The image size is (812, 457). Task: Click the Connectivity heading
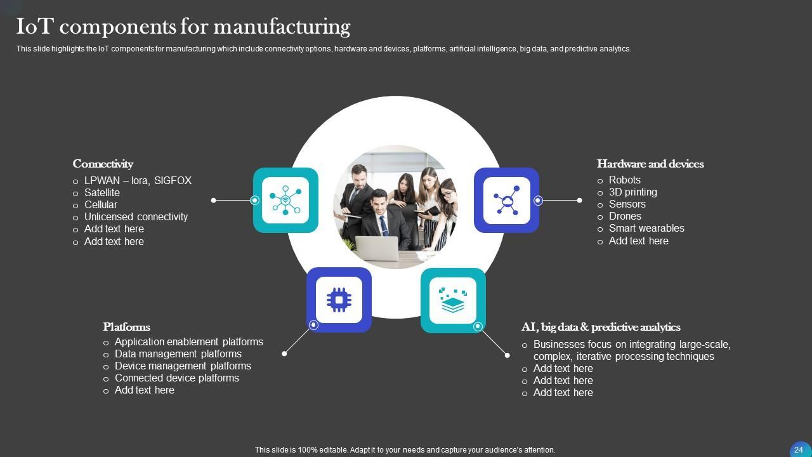pyautogui.click(x=103, y=164)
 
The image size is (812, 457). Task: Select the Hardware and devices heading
pyautogui.click(x=650, y=164)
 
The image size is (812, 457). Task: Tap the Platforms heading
pyautogui.click(x=126, y=327)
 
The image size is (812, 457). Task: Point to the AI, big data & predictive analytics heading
pyautogui.click(x=601, y=327)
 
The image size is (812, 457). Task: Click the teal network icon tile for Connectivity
pyautogui.click(x=285, y=200)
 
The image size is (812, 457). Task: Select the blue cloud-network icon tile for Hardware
pyautogui.click(x=506, y=200)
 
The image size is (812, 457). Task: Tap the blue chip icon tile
pyautogui.click(x=339, y=300)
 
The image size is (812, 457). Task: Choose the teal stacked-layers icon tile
pyautogui.click(x=453, y=300)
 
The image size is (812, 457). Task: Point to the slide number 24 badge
pyautogui.click(x=799, y=449)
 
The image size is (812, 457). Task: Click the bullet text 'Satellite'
pyautogui.click(x=101, y=192)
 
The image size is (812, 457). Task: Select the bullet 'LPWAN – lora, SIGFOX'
pyautogui.click(x=138, y=180)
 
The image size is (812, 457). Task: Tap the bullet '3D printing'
pyautogui.click(x=632, y=192)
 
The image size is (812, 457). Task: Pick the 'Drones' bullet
pyautogui.click(x=625, y=216)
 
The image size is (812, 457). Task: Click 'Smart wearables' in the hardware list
pyautogui.click(x=646, y=228)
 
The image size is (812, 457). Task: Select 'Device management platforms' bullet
pyautogui.click(x=183, y=366)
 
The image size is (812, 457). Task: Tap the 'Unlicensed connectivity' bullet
pyautogui.click(x=136, y=216)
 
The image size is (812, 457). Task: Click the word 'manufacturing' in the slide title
pyautogui.click(x=282, y=27)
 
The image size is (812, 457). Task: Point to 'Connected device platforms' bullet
pyautogui.click(x=177, y=378)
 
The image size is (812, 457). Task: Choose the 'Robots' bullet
pyautogui.click(x=624, y=180)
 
